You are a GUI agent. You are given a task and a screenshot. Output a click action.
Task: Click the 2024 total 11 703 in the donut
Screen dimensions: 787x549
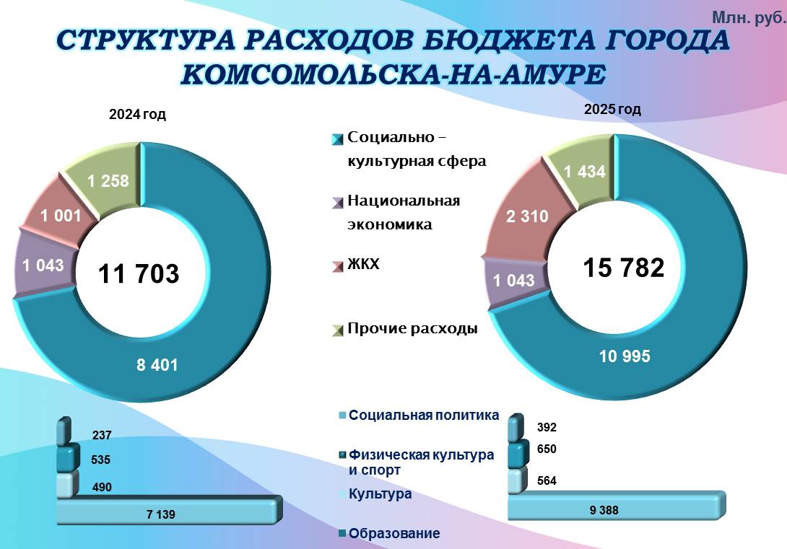coord(139,273)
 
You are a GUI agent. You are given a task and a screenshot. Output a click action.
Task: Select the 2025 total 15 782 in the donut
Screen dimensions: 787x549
coord(623,267)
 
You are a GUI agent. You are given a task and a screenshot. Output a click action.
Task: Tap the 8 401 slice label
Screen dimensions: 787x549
coord(157,365)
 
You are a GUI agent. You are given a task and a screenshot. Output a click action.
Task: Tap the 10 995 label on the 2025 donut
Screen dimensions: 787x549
coord(625,356)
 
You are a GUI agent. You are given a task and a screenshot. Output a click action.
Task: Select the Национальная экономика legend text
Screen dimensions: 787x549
coord(404,213)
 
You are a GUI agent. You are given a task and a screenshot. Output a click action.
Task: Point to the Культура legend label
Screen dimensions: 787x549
coord(380,494)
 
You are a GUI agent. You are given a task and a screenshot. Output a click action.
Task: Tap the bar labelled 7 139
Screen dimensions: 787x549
coord(168,511)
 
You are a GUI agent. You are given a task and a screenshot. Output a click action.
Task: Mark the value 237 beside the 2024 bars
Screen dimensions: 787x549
coord(101,435)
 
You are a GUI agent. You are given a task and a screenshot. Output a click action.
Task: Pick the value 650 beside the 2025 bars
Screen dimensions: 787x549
coord(547,449)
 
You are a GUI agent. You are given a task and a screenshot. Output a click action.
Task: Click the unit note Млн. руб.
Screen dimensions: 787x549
coord(749,19)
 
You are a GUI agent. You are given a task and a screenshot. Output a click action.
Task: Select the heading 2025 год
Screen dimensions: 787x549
coord(612,110)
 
